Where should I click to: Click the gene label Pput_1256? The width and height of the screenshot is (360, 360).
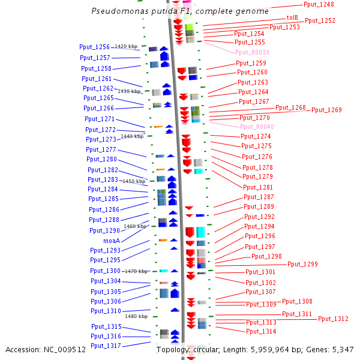pos(94,47)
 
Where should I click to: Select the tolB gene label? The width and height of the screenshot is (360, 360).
pos(292,18)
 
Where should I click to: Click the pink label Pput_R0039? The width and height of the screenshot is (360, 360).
pos(252,52)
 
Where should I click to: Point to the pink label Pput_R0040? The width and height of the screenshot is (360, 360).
pos(257,127)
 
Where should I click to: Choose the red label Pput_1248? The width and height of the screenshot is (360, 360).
pos(319,5)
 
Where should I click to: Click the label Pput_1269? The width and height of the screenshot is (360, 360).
pos(326,110)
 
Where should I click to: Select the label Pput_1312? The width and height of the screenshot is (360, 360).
pos(333,319)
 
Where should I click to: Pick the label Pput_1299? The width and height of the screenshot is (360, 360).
pos(302,264)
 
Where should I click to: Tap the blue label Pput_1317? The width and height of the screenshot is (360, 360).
pos(106,346)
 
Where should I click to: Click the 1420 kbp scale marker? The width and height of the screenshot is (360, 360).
pos(126,46)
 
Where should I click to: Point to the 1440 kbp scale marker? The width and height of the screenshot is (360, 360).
pos(132,136)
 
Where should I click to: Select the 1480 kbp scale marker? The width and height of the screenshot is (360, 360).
pos(136,316)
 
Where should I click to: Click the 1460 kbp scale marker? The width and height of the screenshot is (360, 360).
pos(135,226)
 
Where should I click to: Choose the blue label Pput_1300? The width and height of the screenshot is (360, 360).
pos(106,271)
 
